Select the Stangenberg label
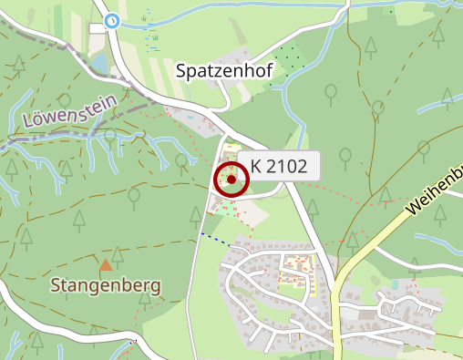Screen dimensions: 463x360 click(x=107, y=285)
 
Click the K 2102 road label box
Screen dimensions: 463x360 click(x=284, y=167)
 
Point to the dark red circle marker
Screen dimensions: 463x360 click(x=231, y=180)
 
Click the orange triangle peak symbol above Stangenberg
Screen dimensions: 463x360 click(x=107, y=265)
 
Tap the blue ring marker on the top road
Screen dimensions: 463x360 click(x=112, y=21)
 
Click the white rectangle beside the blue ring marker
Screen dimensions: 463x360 click(x=97, y=29)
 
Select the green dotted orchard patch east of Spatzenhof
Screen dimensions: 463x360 click(x=290, y=60)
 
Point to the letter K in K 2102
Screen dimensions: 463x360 click(x=257, y=167)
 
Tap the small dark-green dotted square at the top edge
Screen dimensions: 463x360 click(x=389, y=11)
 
